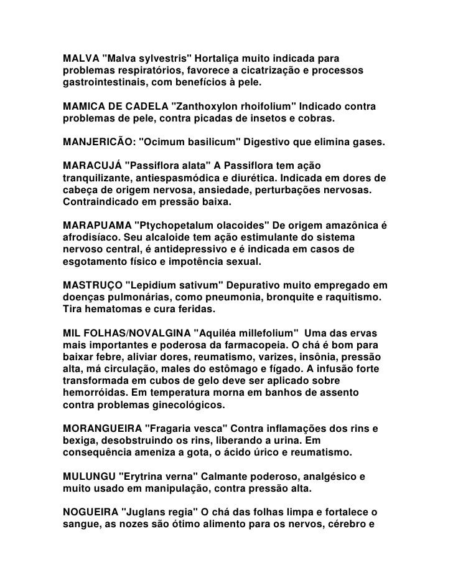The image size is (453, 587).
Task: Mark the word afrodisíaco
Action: [94, 237]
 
